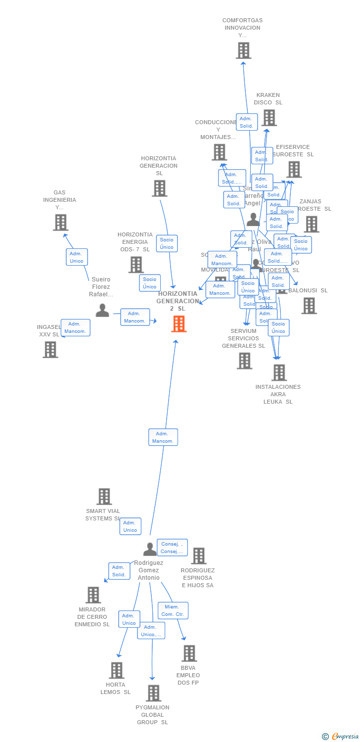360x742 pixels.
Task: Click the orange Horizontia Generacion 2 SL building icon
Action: pos(179,324)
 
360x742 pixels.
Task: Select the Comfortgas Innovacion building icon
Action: pos(243,50)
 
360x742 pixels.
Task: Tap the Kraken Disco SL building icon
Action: pos(269,118)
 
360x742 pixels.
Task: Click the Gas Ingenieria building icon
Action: pos(60,223)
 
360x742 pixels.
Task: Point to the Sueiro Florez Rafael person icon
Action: pos(102,311)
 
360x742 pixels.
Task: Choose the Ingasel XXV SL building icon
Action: pos(50,350)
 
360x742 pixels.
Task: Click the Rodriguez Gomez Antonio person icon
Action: pos(150,549)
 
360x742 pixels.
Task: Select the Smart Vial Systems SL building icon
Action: pos(104,497)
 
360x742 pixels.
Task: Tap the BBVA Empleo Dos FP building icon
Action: pos(189,653)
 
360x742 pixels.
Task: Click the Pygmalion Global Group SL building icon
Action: pos(153,693)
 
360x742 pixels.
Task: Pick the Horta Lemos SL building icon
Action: pos(116,670)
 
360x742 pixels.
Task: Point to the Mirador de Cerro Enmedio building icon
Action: pos(93,595)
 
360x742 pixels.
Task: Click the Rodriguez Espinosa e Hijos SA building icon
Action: pos(198,556)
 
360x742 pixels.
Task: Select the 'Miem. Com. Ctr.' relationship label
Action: pos(173,610)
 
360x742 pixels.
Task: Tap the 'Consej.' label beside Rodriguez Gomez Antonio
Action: pos(172,548)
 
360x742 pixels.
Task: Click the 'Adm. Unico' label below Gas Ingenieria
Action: pos(77,257)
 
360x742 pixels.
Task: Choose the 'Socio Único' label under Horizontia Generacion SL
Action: pos(167,243)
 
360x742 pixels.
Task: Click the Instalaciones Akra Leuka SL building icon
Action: pos(279,372)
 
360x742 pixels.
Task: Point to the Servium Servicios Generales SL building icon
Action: pos(244,361)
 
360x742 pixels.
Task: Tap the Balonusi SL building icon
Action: pos(309,306)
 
